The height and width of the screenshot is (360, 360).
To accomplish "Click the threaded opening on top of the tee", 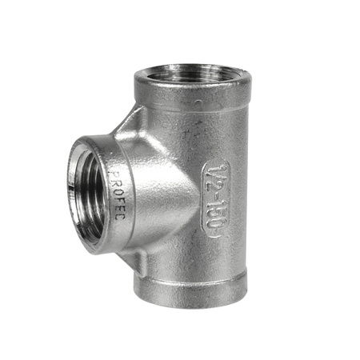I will (x=192, y=79).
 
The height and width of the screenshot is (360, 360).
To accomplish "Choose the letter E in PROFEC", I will (x=118, y=209).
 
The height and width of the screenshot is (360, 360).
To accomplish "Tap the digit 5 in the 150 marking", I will (x=215, y=212).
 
